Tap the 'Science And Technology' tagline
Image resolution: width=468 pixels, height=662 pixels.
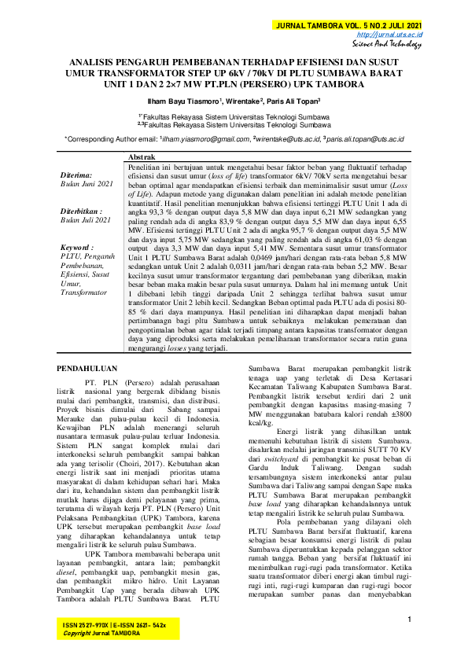point(389,45)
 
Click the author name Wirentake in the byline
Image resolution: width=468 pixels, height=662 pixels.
point(245,101)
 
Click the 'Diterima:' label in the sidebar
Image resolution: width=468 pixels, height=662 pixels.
point(76,175)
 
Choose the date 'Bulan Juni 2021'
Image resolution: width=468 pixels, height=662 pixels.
point(87,183)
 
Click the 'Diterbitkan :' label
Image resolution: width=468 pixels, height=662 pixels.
point(81,212)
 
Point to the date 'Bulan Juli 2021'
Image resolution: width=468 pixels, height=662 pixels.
point(87,221)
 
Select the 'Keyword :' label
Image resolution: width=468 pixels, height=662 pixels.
point(76,248)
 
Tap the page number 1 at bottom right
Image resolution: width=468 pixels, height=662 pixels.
point(411,620)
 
